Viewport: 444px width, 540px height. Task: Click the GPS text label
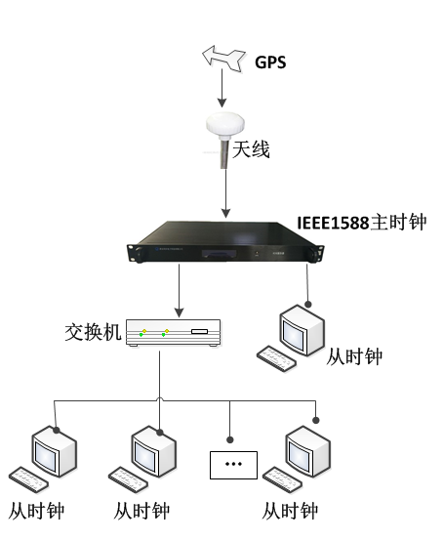(270, 62)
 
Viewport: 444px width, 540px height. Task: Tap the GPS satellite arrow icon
(223, 59)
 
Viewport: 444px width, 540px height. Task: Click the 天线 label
(251, 149)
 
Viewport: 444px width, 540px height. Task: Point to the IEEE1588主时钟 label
(362, 223)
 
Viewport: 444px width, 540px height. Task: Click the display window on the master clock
(219, 254)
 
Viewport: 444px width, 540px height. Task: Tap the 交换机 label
(93, 332)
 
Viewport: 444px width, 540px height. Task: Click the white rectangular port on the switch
(200, 332)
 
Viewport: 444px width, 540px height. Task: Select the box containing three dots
(233, 465)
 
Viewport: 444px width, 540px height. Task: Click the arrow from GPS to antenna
(222, 88)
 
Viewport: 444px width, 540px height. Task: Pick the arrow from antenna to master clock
(225, 193)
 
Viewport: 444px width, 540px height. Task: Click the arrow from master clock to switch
(179, 291)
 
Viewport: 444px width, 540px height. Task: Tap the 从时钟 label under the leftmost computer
(36, 511)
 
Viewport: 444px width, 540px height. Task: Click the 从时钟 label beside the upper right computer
(354, 356)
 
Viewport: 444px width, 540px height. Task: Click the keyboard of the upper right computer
(276, 358)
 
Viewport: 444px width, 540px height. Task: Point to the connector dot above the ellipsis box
(230, 439)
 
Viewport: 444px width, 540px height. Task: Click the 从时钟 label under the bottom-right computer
(290, 511)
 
